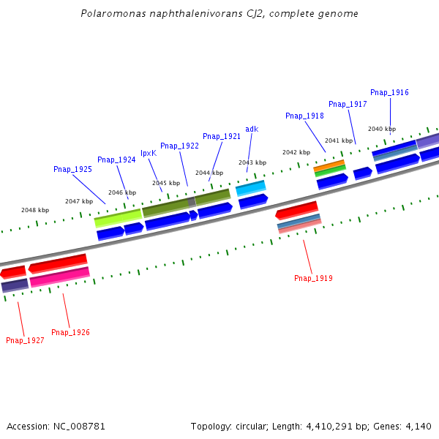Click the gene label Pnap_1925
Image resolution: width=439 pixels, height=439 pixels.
click(x=72, y=169)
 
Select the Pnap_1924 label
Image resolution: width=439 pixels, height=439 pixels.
click(x=116, y=160)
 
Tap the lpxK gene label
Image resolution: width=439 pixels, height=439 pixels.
click(x=149, y=153)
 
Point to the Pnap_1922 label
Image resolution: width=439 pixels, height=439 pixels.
click(x=179, y=146)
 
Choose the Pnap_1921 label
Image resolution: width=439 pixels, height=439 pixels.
click(x=222, y=136)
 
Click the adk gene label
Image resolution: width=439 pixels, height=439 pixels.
click(x=252, y=129)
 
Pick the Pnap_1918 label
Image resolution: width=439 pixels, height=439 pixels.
click(x=304, y=116)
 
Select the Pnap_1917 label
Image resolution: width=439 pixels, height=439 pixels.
click(x=348, y=104)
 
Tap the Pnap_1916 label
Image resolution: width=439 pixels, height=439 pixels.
click(x=389, y=92)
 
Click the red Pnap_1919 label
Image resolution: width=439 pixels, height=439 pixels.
click(x=313, y=278)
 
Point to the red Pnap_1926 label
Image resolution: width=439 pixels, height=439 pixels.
click(x=70, y=332)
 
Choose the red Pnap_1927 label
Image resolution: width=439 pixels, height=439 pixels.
click(x=25, y=340)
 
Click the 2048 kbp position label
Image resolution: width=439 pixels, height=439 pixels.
click(x=35, y=210)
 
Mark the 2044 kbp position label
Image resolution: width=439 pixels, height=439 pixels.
click(x=209, y=173)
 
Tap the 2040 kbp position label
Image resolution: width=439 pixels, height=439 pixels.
click(x=381, y=129)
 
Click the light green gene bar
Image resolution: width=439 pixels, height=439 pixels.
click(x=118, y=217)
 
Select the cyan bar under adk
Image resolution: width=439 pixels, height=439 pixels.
click(x=250, y=188)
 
